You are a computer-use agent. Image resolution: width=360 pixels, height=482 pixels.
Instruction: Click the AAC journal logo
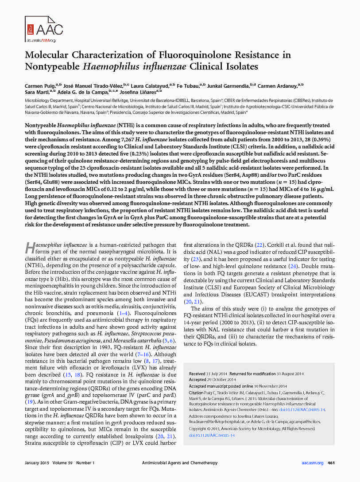(44, 29)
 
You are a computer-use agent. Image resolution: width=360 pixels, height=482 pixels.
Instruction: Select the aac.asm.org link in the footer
(313, 463)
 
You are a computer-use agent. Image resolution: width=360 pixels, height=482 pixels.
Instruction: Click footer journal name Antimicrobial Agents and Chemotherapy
(180, 463)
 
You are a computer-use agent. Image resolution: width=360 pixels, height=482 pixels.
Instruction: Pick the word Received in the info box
(197, 374)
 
